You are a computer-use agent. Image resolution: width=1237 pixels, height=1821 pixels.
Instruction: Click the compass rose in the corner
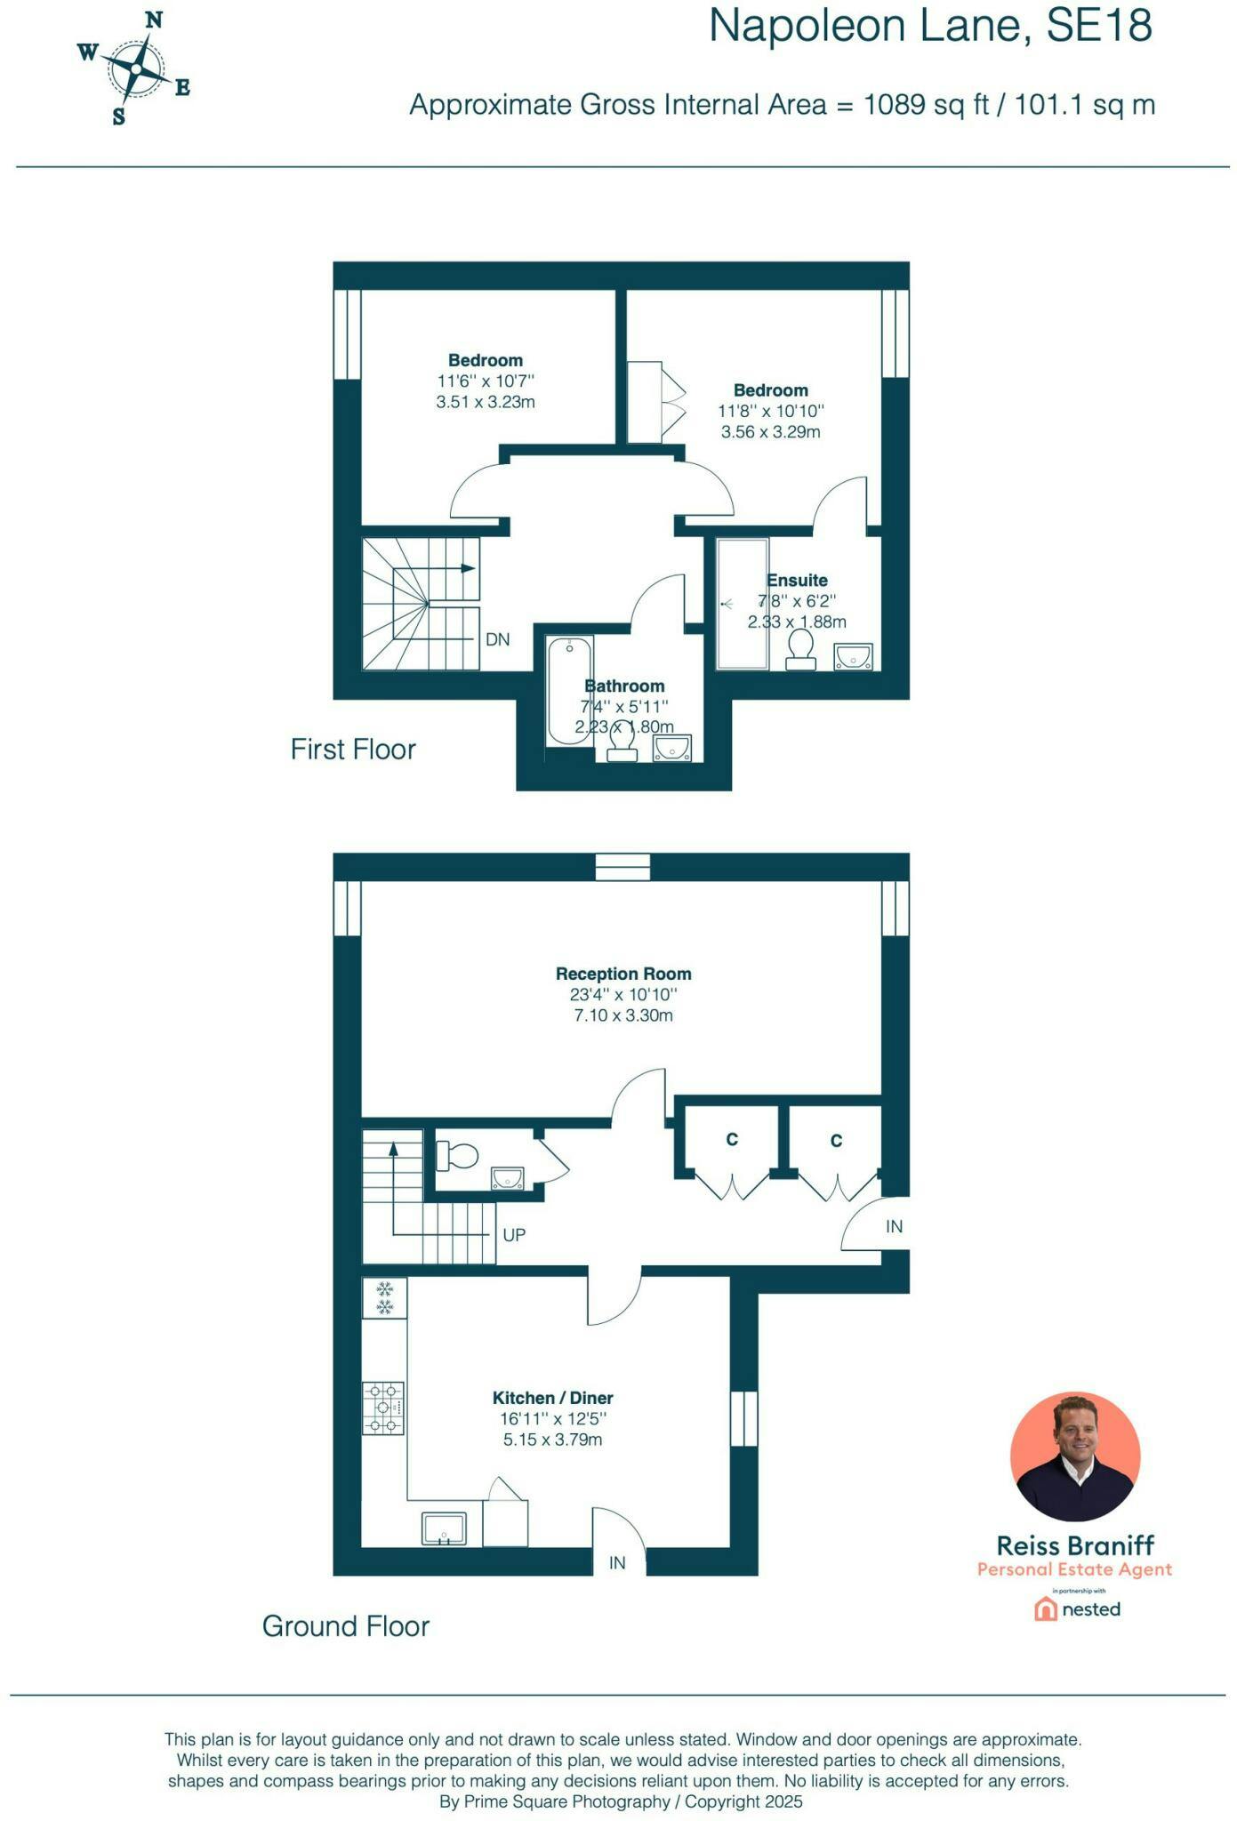pos(134,68)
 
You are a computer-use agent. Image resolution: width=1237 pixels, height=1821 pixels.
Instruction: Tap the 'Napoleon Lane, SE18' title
pos(930,26)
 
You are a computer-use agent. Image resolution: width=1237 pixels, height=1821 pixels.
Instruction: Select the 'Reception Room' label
pos(623,974)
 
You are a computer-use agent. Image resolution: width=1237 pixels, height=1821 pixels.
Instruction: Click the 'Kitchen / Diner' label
pos(553,1398)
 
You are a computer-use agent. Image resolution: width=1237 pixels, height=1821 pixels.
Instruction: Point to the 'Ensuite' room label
pos(797,581)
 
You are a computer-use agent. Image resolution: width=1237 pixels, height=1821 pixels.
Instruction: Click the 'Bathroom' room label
pos(624,686)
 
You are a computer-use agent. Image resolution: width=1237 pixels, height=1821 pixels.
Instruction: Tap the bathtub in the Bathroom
pos(569,691)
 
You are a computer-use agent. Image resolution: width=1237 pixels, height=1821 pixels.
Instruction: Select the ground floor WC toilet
pos(456,1156)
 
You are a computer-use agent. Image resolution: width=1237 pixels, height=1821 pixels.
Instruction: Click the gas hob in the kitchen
pos(383,1408)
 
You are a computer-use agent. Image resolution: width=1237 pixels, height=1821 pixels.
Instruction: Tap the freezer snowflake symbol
pos(384,1298)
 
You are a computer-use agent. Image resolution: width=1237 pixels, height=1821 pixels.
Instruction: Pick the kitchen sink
pos(444,1529)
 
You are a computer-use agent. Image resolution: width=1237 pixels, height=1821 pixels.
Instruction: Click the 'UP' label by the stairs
pos(514,1235)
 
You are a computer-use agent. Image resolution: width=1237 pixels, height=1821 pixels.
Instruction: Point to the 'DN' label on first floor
pos(498,639)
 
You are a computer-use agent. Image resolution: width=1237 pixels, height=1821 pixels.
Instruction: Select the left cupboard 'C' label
pos(732,1139)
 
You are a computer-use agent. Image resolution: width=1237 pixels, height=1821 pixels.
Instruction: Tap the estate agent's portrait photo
pos(1075,1456)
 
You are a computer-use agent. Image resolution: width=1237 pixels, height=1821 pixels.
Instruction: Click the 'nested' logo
pos(1077,1608)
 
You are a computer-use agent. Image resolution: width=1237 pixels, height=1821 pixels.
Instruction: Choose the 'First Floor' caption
pos(353,749)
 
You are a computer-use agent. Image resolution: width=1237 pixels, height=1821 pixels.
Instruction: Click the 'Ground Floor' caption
pos(346,1625)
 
